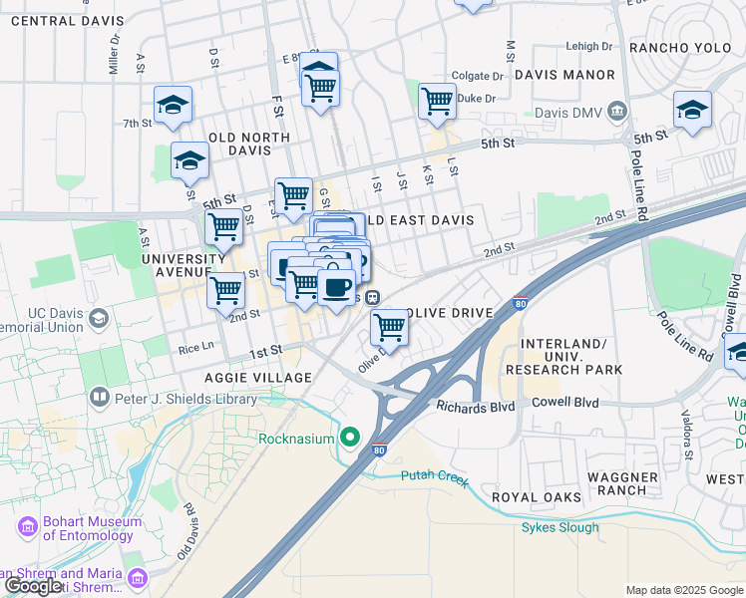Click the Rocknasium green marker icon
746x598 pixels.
[350, 438]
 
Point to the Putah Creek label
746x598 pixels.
[434, 478]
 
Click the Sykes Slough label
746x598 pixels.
[559, 527]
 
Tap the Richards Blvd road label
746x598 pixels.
[475, 406]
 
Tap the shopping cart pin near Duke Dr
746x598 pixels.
[437, 101]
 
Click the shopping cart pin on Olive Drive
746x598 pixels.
[389, 325]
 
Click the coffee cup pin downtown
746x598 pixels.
[336, 287]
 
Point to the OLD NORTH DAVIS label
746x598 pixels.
[248, 144]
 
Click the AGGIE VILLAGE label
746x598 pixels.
[258, 378]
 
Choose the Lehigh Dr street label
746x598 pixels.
[588, 46]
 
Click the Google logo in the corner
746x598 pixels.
[33, 586]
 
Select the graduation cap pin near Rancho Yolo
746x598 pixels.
[692, 110]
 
